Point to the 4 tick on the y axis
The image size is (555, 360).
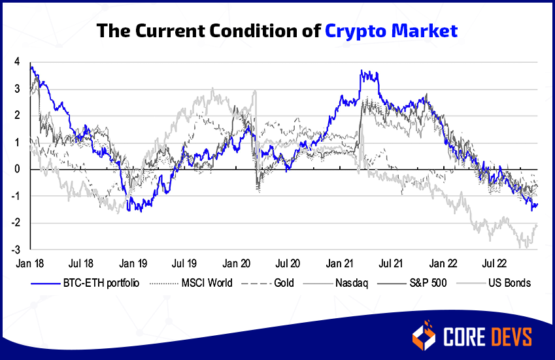(x=16, y=62)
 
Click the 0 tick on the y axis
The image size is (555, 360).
(x=16, y=169)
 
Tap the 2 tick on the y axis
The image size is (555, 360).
(x=16, y=116)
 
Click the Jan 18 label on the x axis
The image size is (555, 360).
(x=29, y=264)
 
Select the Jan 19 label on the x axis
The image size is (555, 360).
(x=133, y=264)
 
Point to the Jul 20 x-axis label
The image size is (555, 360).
(x=288, y=264)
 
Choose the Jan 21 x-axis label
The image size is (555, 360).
(x=339, y=264)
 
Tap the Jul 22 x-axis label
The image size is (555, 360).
(x=494, y=264)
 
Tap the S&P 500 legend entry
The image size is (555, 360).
(x=418, y=284)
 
